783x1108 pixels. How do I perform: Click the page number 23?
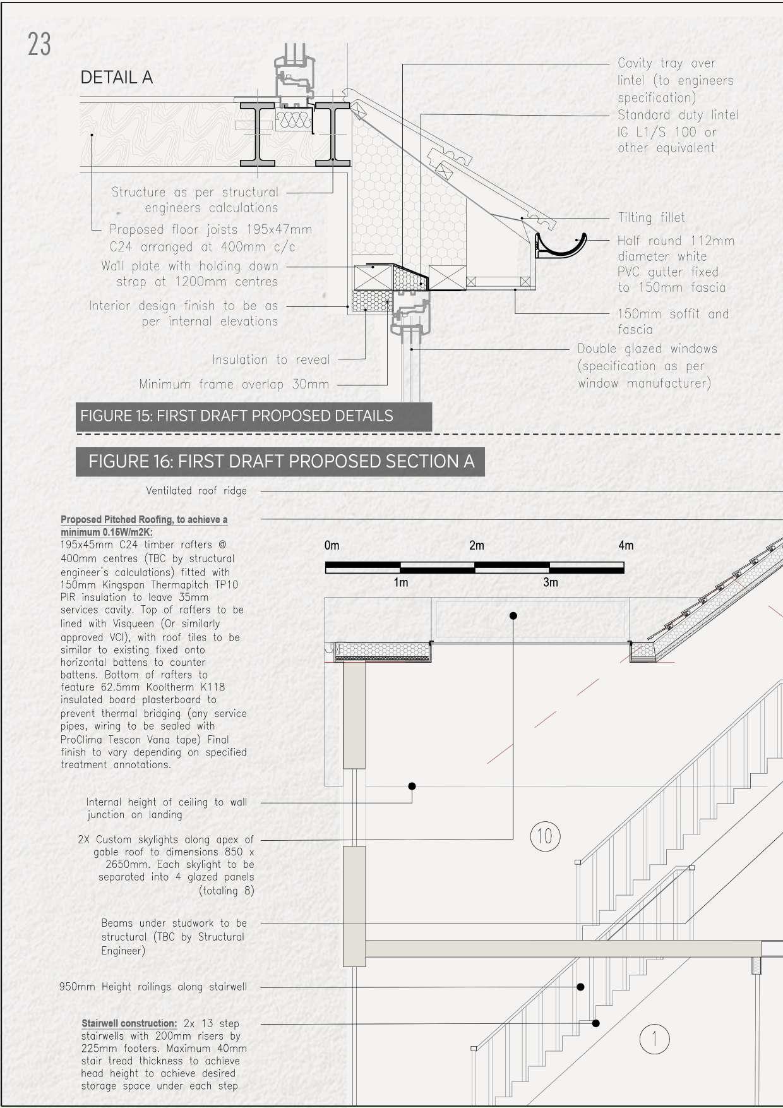tap(39, 44)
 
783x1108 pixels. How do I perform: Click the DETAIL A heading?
tap(117, 78)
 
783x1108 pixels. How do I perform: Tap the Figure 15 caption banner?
tap(253, 416)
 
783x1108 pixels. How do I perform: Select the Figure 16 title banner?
tap(280, 462)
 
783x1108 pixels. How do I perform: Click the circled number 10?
tap(544, 836)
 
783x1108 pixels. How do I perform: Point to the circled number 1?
tap(654, 1039)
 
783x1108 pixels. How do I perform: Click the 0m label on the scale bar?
tap(332, 545)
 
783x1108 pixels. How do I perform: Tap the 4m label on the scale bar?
tap(625, 545)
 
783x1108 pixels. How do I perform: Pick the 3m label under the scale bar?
tap(551, 582)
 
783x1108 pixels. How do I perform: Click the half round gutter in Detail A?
tap(561, 247)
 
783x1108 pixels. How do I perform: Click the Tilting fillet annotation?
tap(651, 218)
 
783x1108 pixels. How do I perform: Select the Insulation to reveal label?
tap(271, 360)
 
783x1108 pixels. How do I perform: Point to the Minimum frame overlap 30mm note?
tap(234, 384)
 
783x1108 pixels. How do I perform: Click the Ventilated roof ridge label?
tap(196, 491)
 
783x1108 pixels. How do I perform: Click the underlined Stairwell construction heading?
tap(129, 1023)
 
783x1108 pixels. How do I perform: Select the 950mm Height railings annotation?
tap(153, 987)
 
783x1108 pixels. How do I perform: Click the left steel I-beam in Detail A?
tap(258, 135)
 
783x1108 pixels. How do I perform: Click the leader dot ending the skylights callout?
tap(513, 615)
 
